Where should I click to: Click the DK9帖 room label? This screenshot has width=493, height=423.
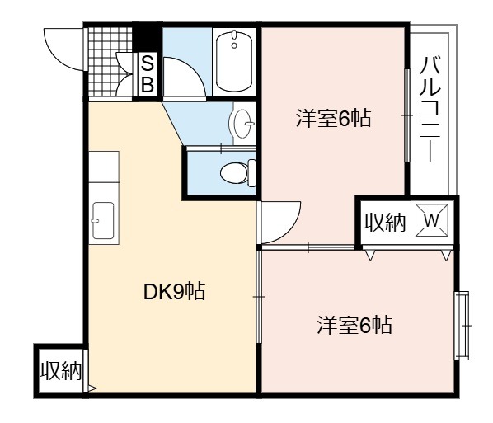click(174, 292)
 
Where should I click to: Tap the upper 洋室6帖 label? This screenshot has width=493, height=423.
click(333, 118)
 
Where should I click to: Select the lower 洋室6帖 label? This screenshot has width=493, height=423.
click(354, 325)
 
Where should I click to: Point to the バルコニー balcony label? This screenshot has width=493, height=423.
click(430, 109)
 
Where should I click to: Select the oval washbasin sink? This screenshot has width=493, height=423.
click(243, 124)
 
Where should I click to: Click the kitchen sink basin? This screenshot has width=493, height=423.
click(103, 221)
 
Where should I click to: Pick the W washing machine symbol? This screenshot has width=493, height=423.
click(432, 220)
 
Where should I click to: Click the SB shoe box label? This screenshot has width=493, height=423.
click(147, 73)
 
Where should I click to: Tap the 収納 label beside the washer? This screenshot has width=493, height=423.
click(385, 222)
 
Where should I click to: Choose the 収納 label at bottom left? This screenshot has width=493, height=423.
click(61, 370)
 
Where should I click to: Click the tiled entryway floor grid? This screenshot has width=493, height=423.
click(110, 62)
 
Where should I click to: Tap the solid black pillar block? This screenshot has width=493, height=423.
click(147, 36)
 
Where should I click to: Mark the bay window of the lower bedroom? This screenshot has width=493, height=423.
click(462, 325)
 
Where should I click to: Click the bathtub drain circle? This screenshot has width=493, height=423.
click(234, 45)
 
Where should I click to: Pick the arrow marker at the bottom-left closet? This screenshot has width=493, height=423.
click(92, 388)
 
